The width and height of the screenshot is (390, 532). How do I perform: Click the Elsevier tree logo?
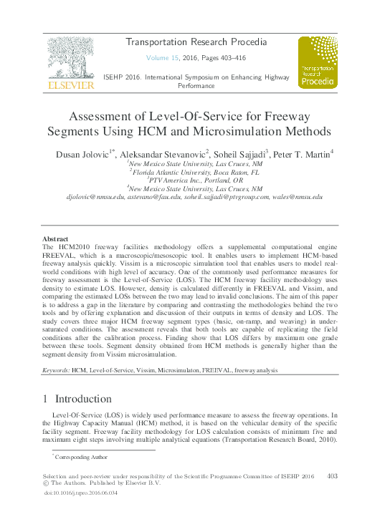[70, 59]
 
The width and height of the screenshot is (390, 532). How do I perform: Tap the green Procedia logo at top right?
[318, 62]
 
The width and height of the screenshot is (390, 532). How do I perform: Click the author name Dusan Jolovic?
[83, 154]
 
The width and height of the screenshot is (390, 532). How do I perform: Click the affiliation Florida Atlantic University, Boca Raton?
[195, 173]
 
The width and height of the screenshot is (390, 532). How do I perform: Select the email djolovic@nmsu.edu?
[94, 196]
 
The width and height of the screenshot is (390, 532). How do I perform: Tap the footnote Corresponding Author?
[80, 456]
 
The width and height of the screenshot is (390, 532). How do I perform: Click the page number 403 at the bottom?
[332, 475]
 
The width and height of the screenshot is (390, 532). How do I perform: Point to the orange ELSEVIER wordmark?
[70, 85]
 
